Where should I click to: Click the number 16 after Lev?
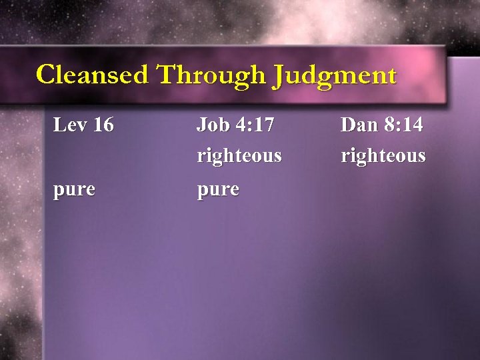[103, 125]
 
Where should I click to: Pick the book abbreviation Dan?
[358, 125]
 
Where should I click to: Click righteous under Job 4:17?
[239, 157]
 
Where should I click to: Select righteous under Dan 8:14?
[383, 157]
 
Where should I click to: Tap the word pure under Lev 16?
[74, 190]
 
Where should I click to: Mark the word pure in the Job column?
[217, 190]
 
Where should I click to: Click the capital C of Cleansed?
[46, 74]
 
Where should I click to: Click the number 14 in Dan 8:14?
[411, 125]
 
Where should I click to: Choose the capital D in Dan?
[348, 125]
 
